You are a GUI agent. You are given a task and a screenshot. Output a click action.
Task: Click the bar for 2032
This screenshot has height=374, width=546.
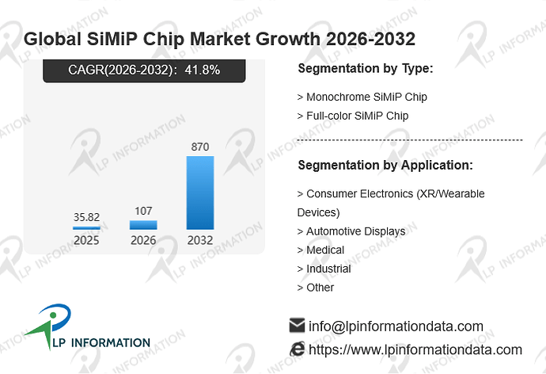click(200, 193)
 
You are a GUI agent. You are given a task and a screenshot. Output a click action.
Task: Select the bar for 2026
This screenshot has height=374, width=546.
click(143, 225)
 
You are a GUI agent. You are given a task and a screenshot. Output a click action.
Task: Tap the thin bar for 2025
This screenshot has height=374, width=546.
click(87, 228)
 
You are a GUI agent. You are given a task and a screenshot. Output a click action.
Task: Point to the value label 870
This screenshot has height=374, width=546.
click(200, 147)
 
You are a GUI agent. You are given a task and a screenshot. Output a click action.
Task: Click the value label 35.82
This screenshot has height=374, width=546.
click(87, 217)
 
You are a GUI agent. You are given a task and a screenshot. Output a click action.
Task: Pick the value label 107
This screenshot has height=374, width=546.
click(143, 211)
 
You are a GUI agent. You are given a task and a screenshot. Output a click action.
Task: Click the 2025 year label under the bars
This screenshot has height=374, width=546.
click(87, 240)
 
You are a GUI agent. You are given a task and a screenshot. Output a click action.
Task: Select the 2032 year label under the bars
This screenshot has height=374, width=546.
click(200, 240)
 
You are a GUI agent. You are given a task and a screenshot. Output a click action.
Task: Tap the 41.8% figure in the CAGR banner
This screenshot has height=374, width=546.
click(203, 70)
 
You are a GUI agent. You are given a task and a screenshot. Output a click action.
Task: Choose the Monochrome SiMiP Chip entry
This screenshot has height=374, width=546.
click(362, 97)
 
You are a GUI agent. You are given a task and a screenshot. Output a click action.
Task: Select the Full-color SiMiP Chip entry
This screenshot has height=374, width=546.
click(353, 116)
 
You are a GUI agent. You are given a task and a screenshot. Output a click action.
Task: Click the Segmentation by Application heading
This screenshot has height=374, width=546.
click(385, 166)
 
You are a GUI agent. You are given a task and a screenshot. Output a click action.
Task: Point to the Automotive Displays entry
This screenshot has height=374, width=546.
click(351, 231)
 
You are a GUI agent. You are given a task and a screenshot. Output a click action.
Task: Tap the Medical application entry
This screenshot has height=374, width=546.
click(320, 250)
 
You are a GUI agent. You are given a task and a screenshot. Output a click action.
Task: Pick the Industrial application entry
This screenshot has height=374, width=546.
click(324, 269)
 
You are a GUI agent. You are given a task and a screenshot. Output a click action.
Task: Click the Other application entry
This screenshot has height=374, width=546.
click(316, 288)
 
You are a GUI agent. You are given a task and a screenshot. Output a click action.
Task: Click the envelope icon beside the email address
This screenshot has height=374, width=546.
click(297, 325)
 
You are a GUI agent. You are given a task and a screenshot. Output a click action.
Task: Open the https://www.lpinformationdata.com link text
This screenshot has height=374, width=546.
click(415, 349)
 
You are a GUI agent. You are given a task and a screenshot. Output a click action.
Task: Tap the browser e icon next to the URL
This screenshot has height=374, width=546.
click(298, 349)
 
